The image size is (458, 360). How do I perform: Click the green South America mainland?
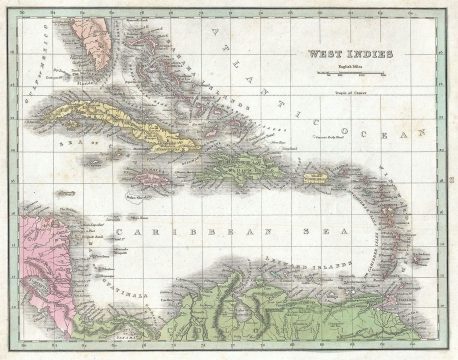330,310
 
